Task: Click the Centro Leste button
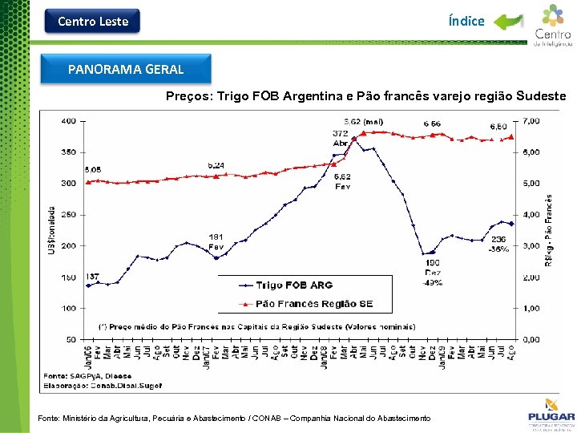93,22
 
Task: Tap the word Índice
466,22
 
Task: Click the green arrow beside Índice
508,22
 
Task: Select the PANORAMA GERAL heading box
126,70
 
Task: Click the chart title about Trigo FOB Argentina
365,96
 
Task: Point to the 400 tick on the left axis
68,121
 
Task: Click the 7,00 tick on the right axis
531,121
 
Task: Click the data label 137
93,277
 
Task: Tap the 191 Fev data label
216,241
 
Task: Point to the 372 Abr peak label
341,137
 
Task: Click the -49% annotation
433,282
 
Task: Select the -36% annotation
498,249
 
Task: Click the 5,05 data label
92,170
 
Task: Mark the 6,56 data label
432,123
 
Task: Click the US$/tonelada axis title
52,229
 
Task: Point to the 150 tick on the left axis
68,277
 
